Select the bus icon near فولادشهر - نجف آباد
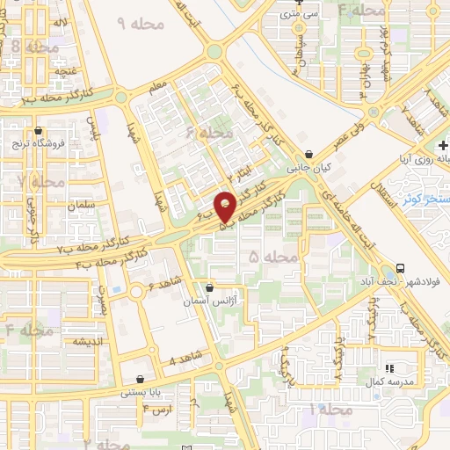pos(400,268)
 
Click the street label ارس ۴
pos(162,410)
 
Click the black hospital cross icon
pos(442,144)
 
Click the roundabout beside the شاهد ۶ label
pos(137,292)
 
